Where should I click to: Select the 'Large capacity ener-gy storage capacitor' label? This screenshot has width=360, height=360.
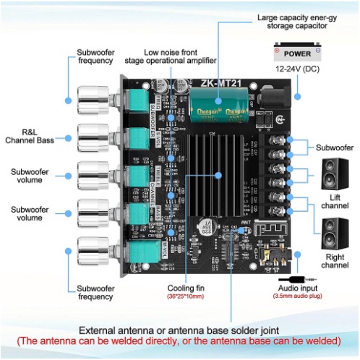pyautogui.click(x=297, y=20)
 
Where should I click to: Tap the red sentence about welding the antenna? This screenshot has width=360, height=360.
pyautogui.click(x=179, y=340)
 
